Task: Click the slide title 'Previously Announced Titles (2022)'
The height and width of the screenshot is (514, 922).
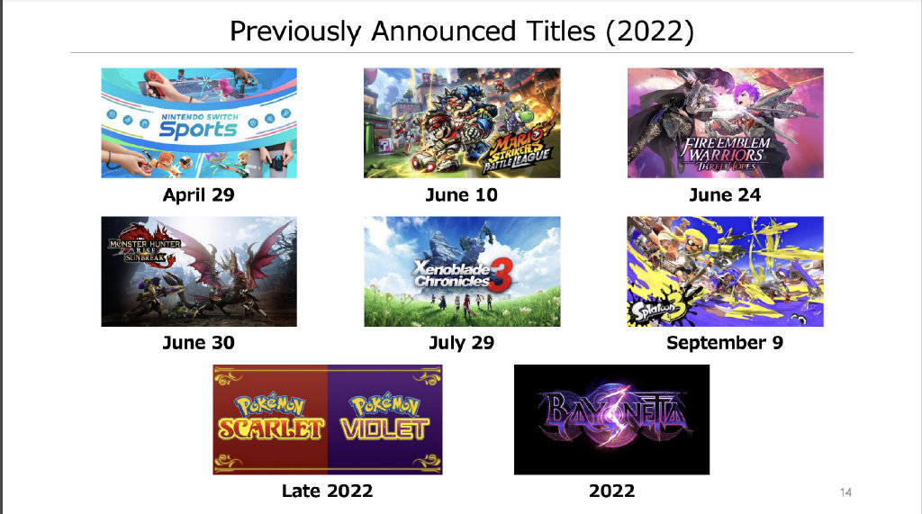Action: point(462,32)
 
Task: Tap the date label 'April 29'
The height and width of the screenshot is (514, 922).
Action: point(199,194)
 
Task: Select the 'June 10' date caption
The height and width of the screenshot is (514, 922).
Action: point(462,194)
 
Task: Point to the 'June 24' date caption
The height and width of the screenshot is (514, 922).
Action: point(725,194)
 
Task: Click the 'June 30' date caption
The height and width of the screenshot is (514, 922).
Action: point(199,342)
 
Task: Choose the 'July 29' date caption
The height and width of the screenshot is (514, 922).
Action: point(462,342)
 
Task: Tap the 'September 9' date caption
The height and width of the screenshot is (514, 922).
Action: point(725,343)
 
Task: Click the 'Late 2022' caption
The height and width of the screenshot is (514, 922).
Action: point(328,491)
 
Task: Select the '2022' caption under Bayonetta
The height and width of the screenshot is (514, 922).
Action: point(612,491)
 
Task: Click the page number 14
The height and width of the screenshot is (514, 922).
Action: point(845,492)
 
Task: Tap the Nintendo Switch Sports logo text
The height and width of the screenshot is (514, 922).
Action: point(199,126)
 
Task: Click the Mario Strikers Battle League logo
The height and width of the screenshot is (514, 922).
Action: point(519,151)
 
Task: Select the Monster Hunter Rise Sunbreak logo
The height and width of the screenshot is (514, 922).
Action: point(145,248)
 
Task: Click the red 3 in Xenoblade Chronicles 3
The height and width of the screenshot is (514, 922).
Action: point(501,275)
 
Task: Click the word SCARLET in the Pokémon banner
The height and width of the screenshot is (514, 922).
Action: point(271,428)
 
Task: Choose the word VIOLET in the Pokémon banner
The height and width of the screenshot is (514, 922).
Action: point(385,428)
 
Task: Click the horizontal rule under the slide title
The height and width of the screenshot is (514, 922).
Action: point(462,53)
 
